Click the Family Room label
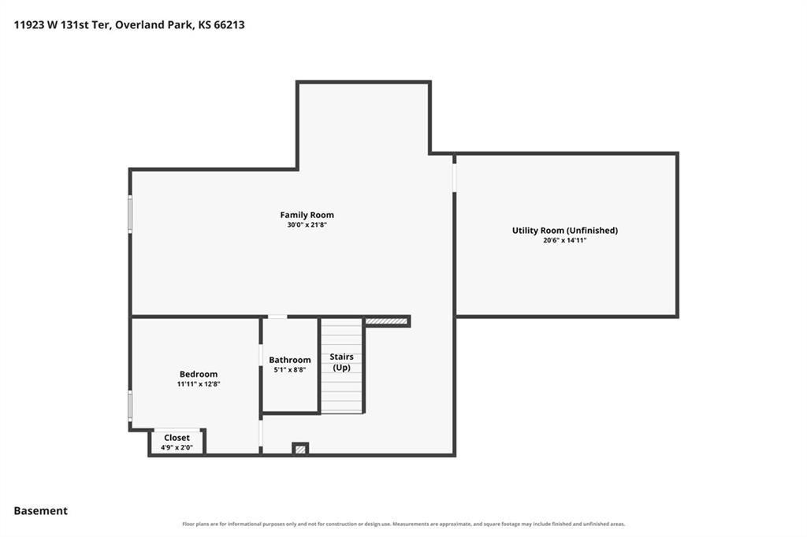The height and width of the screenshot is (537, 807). pyautogui.click(x=307, y=215)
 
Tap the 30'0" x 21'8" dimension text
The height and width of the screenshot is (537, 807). pyautogui.click(x=307, y=224)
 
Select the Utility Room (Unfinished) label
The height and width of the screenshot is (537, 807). pyautogui.click(x=564, y=231)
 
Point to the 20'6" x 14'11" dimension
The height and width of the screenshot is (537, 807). pyautogui.click(x=564, y=240)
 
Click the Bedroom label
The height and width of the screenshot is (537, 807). pyautogui.click(x=198, y=374)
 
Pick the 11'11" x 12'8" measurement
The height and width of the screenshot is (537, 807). pyautogui.click(x=198, y=383)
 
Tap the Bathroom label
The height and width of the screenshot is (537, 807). pyautogui.click(x=290, y=360)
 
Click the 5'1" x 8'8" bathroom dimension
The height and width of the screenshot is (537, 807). pyautogui.click(x=290, y=369)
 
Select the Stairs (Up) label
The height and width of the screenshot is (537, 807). pyautogui.click(x=342, y=361)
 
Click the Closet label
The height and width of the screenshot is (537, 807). pyautogui.click(x=177, y=438)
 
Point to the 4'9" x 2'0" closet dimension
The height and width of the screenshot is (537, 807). pyautogui.click(x=177, y=447)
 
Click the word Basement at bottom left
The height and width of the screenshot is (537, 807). pyautogui.click(x=41, y=511)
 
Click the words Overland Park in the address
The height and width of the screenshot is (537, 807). pyautogui.click(x=153, y=24)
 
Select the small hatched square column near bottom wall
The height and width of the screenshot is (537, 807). pyautogui.click(x=300, y=449)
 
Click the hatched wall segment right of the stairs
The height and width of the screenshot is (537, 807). pyautogui.click(x=386, y=321)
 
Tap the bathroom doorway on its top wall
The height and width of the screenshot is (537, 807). pyautogui.click(x=277, y=317)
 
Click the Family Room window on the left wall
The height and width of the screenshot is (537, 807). pyautogui.click(x=130, y=213)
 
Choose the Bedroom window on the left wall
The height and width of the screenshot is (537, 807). pyautogui.click(x=130, y=406)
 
